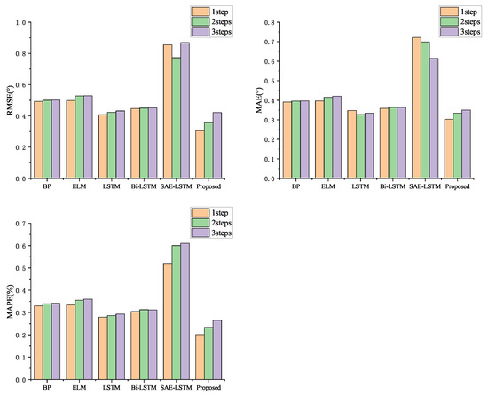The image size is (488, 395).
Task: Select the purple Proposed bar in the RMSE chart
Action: point(217,145)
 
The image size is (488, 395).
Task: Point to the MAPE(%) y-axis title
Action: point(12,302)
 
